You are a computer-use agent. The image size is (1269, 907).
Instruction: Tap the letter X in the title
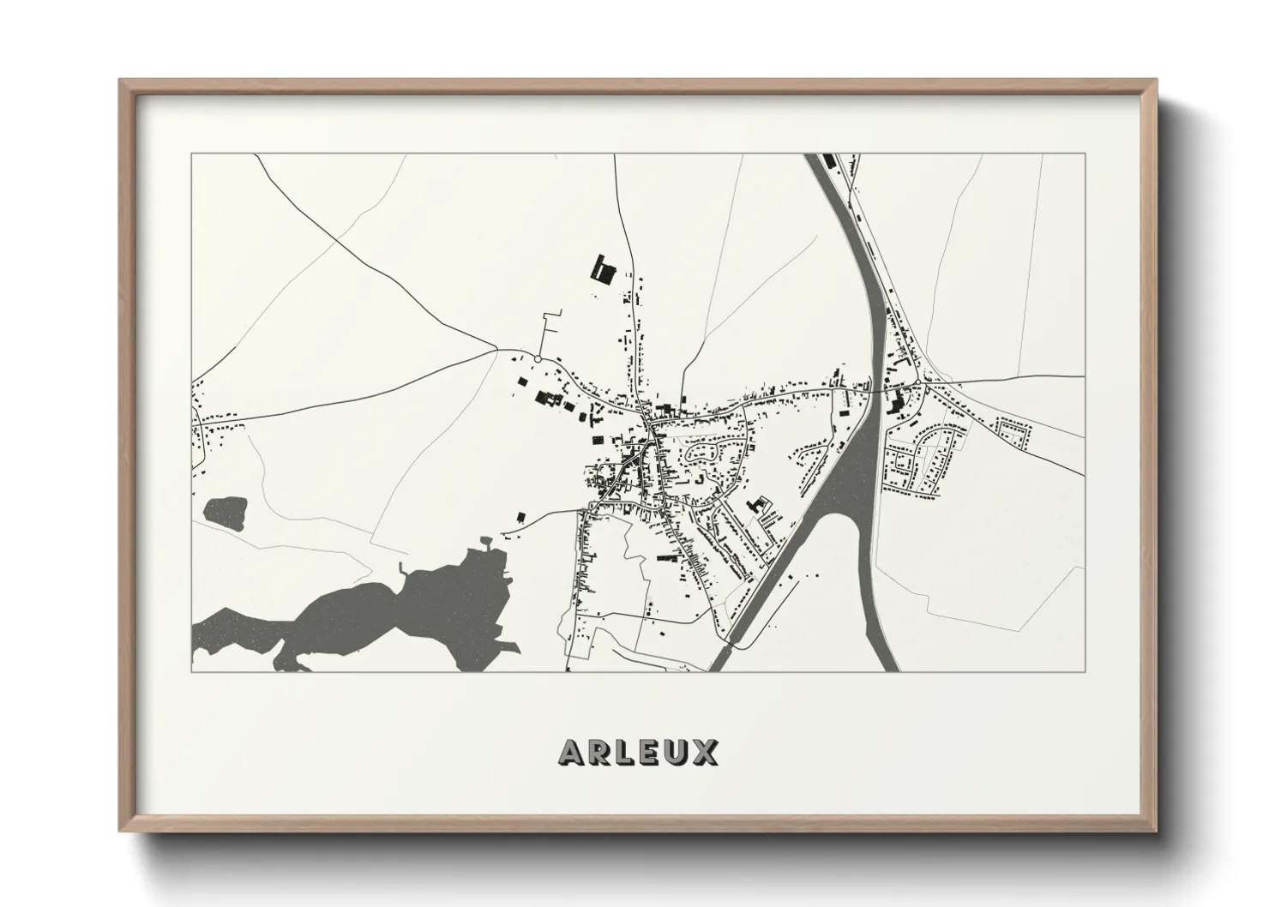click(706, 752)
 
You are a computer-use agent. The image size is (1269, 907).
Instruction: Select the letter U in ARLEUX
click(677, 752)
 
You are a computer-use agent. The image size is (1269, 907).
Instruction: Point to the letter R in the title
click(598, 752)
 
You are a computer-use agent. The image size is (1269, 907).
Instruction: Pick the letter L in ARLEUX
click(625, 752)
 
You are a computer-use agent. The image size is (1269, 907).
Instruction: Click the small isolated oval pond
click(226, 512)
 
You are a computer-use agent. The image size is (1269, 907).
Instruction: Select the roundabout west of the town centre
click(538, 358)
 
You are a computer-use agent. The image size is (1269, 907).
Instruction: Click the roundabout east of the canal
click(917, 381)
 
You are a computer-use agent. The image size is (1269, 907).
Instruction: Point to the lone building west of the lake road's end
click(521, 516)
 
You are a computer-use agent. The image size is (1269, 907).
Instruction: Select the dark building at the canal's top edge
click(828, 161)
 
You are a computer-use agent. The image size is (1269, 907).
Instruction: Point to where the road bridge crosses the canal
click(874, 390)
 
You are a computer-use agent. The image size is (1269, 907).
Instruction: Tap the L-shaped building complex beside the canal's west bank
click(758, 506)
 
